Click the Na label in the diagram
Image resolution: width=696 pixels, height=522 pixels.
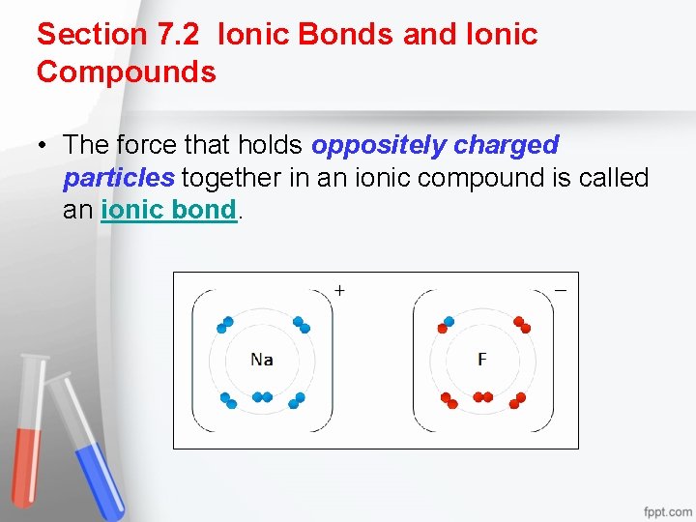click(x=261, y=360)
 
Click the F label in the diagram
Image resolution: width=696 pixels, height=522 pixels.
click(x=482, y=360)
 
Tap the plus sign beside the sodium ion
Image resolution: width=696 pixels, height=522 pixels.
click(x=340, y=289)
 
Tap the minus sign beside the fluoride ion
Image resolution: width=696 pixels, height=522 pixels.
click(x=561, y=287)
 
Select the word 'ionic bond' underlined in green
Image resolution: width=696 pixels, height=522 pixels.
click(x=168, y=210)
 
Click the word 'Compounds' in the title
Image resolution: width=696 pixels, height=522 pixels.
click(x=127, y=72)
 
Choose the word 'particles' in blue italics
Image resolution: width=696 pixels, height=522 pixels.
click(x=119, y=178)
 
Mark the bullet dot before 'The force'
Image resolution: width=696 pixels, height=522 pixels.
click(x=43, y=146)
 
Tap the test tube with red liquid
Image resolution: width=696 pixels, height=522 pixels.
click(x=31, y=425)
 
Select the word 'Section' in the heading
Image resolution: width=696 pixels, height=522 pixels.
click(x=91, y=35)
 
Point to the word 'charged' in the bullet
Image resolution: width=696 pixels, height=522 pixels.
click(x=506, y=145)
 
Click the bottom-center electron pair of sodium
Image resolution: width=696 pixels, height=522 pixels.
click(x=262, y=396)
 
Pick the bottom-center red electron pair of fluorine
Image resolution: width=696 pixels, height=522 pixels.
click(x=482, y=396)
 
